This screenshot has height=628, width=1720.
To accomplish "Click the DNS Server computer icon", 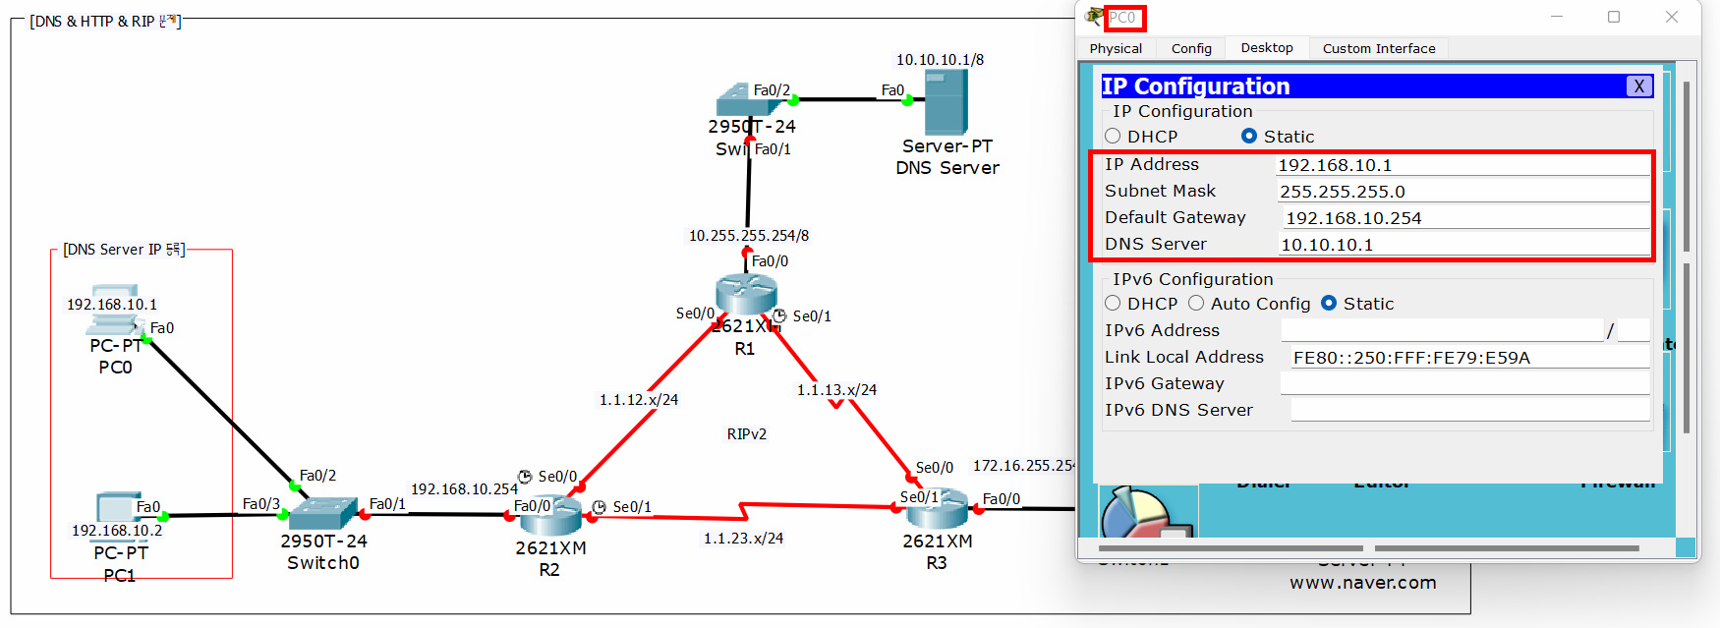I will [946, 102].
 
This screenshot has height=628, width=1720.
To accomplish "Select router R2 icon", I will [551, 516].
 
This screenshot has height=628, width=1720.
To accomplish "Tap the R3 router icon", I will [937, 507].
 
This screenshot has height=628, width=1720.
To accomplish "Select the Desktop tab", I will [1266, 48].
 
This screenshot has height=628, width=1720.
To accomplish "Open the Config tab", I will [1191, 48].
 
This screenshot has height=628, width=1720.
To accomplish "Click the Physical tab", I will [1116, 48].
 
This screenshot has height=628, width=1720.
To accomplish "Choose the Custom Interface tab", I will [1378, 48].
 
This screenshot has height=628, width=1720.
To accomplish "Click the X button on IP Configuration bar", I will [1638, 86].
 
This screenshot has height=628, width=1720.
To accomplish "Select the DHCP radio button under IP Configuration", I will [1114, 137].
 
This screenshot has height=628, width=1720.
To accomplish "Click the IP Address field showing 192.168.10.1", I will [1462, 165].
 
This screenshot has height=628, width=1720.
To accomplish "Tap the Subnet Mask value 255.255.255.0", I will [1462, 192].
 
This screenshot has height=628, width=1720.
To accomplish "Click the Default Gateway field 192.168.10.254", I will [1464, 218].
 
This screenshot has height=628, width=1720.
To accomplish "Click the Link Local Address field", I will [1469, 358].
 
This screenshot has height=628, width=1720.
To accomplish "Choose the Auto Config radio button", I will [1196, 304].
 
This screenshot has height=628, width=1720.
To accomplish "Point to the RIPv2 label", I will [746, 434].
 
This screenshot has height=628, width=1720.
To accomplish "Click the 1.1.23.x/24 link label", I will [743, 539].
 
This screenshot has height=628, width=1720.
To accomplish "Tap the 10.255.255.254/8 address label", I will [748, 236].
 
